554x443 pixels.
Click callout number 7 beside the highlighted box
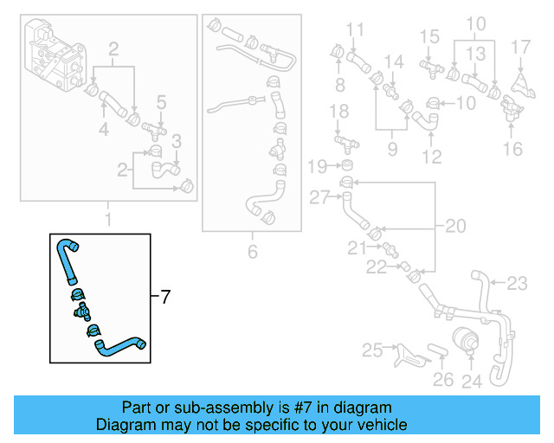166,297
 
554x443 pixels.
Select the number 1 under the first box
108,220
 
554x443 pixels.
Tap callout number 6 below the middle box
253,253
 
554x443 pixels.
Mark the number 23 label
516,282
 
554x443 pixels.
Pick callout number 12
430,157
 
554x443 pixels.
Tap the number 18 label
340,111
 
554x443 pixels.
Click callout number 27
319,197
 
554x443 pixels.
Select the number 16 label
513,149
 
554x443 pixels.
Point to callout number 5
161,104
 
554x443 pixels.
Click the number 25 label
371,350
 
